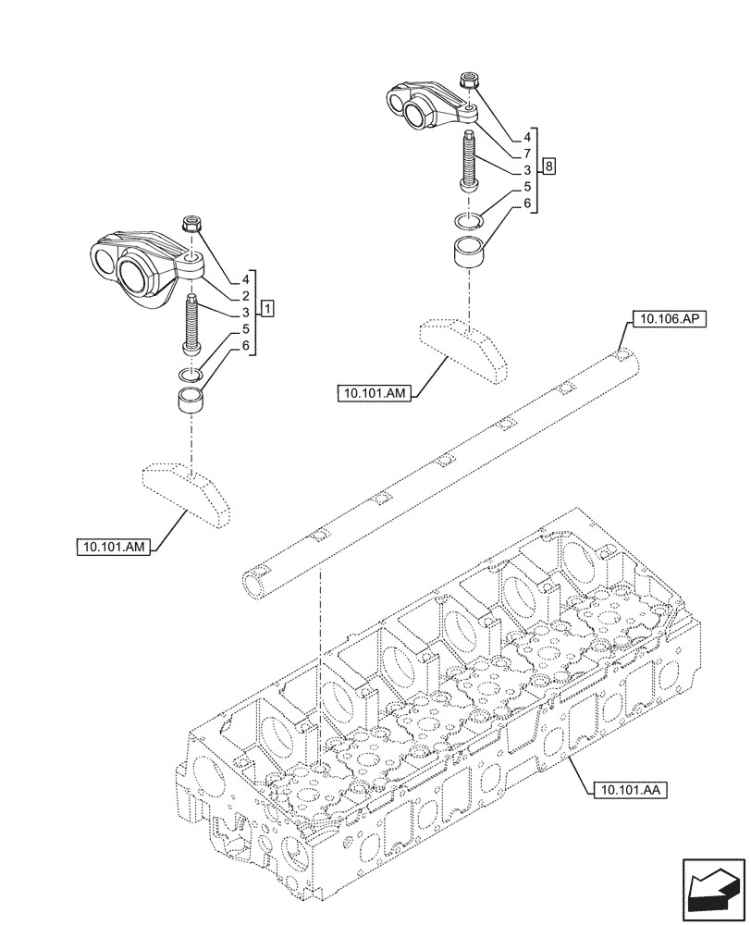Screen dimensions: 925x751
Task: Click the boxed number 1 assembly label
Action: [x=267, y=306]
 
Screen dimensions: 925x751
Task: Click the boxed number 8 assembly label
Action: [x=550, y=166]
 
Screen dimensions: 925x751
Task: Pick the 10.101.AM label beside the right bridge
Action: [x=373, y=394]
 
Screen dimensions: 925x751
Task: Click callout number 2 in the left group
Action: [x=246, y=295]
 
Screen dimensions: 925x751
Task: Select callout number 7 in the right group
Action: [x=525, y=154]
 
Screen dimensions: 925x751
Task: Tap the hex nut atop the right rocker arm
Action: [x=468, y=84]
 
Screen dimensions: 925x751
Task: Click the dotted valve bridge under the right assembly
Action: [x=465, y=350]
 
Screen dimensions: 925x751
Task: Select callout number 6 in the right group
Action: [x=525, y=203]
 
